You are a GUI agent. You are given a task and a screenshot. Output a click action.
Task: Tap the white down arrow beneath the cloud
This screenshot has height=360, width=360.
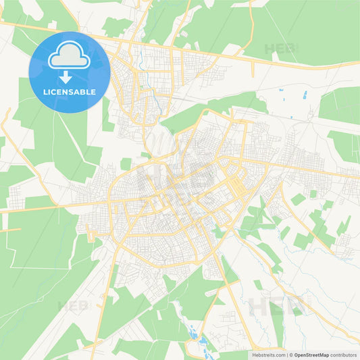(70, 76)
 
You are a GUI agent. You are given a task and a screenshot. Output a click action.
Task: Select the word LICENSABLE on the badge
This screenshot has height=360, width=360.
(70, 91)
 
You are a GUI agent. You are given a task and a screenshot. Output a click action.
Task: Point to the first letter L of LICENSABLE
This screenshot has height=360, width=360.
(45, 91)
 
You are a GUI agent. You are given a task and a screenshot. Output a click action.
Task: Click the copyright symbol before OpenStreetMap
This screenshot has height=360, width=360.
(291, 355)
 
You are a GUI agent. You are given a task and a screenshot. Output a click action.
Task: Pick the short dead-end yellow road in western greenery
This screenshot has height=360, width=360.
(10, 230)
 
